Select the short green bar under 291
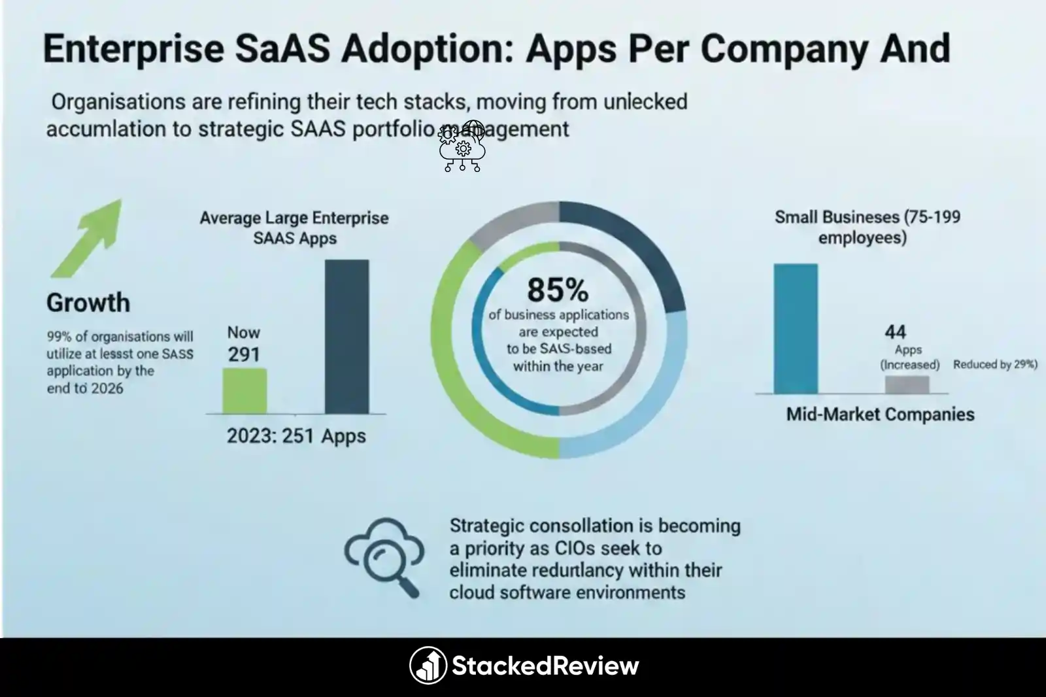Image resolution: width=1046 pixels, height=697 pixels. (245, 390)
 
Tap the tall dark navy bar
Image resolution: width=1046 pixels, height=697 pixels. (346, 337)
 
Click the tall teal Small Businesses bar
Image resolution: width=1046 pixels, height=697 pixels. (796, 328)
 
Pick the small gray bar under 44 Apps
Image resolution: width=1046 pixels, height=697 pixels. (907, 384)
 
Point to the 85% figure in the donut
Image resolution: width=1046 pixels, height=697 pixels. (558, 290)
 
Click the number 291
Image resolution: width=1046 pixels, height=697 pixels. (244, 354)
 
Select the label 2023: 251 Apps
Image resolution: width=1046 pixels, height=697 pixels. (296, 436)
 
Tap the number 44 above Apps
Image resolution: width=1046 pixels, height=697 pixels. (895, 332)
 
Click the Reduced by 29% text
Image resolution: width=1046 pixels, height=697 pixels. (994, 365)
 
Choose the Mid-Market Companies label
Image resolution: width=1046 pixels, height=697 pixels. (880, 415)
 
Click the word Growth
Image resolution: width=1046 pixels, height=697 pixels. (88, 303)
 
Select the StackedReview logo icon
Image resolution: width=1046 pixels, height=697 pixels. (428, 666)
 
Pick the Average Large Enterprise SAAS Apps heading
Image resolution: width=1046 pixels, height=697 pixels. (294, 228)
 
